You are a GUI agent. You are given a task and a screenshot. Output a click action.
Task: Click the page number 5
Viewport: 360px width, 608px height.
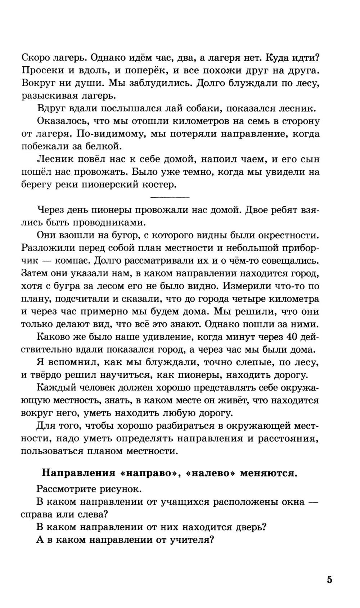[329, 580]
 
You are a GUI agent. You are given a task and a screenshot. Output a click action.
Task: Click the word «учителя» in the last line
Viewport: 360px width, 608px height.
[191, 540]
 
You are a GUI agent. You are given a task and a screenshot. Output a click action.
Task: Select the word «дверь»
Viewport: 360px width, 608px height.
[249, 527]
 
